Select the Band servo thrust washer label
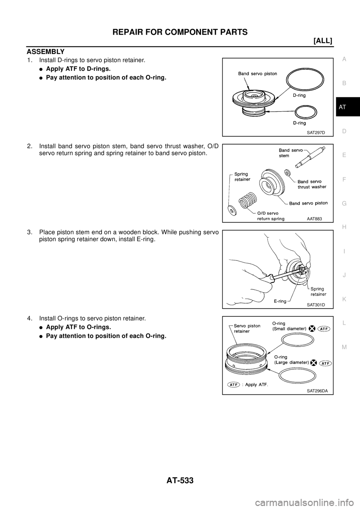312,184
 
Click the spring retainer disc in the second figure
231,210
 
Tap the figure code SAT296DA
317,391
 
